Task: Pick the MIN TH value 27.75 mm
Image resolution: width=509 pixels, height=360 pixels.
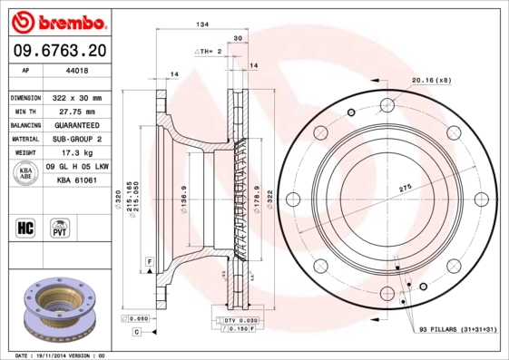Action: pos(77,111)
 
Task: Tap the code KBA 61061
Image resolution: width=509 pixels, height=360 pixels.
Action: pos(77,181)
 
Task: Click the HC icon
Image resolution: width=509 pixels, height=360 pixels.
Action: pos(26,227)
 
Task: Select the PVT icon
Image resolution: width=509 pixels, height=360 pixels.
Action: pos(60,227)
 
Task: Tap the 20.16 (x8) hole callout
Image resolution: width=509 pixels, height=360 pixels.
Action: pos(429,80)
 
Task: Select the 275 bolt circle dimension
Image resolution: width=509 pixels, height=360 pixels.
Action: pos(394,186)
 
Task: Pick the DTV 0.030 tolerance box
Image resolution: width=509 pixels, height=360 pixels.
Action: pos(234,320)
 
